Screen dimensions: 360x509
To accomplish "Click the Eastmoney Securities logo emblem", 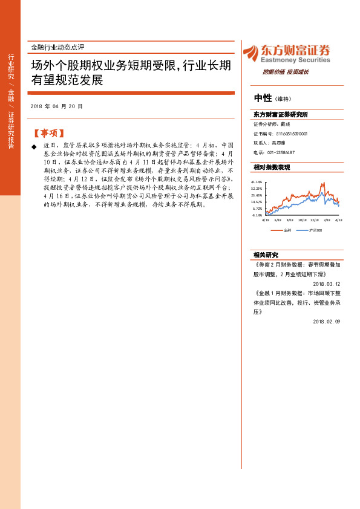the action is point(250,53).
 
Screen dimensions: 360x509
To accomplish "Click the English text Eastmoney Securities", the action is point(295,60).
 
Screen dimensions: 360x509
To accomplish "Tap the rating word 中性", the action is point(263,98).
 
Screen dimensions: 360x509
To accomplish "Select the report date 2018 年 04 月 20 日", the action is point(56,106).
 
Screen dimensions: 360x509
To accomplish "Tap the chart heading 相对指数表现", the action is point(272,167).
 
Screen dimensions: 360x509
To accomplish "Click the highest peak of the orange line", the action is point(324,183).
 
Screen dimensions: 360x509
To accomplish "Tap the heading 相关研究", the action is point(266,254).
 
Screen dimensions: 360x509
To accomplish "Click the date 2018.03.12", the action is point(327,284).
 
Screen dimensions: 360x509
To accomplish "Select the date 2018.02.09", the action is point(327,322).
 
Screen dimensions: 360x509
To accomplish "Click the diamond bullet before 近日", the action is point(34,146).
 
